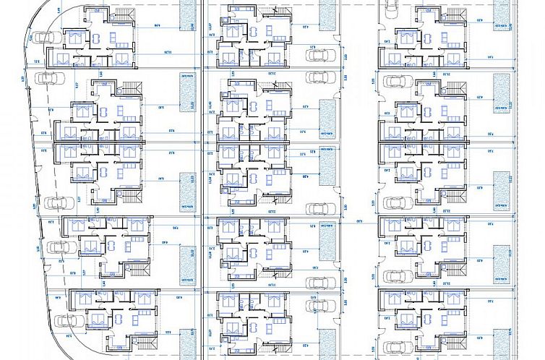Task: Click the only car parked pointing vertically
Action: pos(391,8)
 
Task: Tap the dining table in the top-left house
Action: pos(112,38)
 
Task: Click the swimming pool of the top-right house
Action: pos(501,14)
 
